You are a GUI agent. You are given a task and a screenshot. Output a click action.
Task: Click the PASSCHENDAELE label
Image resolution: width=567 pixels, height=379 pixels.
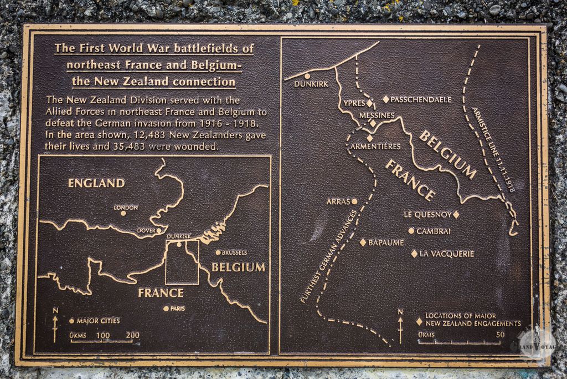click(421, 99)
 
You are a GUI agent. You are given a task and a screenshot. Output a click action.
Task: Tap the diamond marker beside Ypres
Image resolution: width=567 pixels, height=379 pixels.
click(369, 103)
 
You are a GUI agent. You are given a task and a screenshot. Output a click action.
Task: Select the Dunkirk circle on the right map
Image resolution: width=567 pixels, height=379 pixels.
click(307, 76)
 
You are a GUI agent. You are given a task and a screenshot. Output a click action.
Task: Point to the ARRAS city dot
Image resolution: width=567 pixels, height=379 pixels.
click(354, 201)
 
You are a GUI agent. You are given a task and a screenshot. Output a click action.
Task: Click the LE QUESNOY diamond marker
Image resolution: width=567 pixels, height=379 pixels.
click(456, 214)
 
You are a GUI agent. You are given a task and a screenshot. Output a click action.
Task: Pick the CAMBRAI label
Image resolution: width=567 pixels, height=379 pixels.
click(434, 231)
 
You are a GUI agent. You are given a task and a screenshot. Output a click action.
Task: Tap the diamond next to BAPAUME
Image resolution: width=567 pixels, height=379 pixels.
click(363, 242)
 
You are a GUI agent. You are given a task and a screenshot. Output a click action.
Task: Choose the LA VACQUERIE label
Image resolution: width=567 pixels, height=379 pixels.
click(447, 254)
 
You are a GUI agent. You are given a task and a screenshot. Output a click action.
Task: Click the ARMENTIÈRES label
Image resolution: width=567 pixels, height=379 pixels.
click(375, 146)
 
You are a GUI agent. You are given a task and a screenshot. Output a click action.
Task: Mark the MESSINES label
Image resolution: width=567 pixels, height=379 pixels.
click(377, 115)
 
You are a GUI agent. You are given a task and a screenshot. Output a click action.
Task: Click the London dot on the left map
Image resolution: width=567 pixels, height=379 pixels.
click(123, 213)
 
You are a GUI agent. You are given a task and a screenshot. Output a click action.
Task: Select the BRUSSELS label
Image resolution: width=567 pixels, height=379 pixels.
click(234, 252)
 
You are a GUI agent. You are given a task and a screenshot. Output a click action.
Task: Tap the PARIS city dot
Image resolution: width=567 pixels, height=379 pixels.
click(166, 308)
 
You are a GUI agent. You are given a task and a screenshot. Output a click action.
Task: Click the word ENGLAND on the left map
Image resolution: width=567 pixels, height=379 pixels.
click(96, 183)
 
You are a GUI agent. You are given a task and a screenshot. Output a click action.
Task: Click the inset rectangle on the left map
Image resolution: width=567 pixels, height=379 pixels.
click(182, 262)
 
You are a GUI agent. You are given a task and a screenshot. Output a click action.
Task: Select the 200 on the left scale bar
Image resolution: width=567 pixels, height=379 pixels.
click(132, 335)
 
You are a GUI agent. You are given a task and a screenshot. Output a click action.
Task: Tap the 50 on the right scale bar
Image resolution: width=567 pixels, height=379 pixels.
click(500, 335)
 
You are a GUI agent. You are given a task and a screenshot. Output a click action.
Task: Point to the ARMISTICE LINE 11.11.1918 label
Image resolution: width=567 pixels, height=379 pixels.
click(493, 149)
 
